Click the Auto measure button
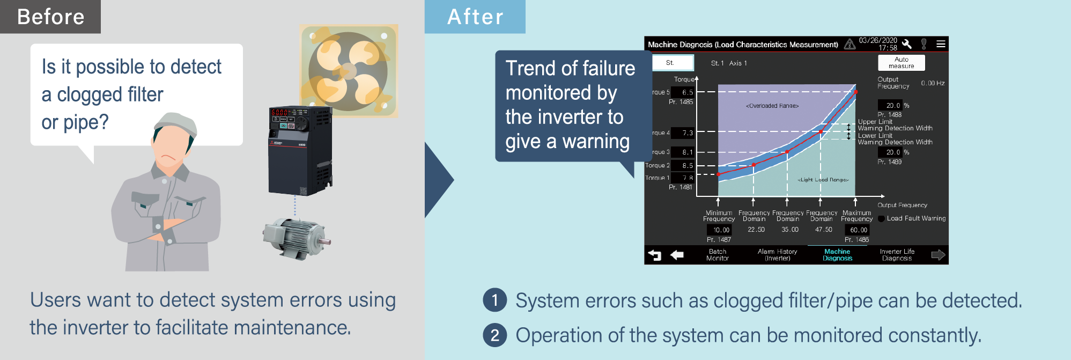(x=901, y=63)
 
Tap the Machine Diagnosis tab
(x=837, y=255)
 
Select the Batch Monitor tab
(x=718, y=255)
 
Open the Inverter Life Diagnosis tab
(x=897, y=255)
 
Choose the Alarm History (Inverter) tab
(x=777, y=255)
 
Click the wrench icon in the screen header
(x=907, y=44)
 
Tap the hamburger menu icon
(x=941, y=44)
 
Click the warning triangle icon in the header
(x=850, y=44)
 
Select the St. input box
(x=673, y=63)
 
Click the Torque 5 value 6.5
(x=687, y=92)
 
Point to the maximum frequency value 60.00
(x=859, y=230)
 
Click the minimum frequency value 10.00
(x=721, y=230)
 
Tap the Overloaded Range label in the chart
(x=772, y=106)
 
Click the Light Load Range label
(x=823, y=180)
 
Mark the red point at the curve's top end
(x=856, y=92)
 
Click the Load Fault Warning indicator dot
(x=881, y=219)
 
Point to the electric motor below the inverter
(x=293, y=236)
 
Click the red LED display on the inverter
(x=280, y=113)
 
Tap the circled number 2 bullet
(x=494, y=335)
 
